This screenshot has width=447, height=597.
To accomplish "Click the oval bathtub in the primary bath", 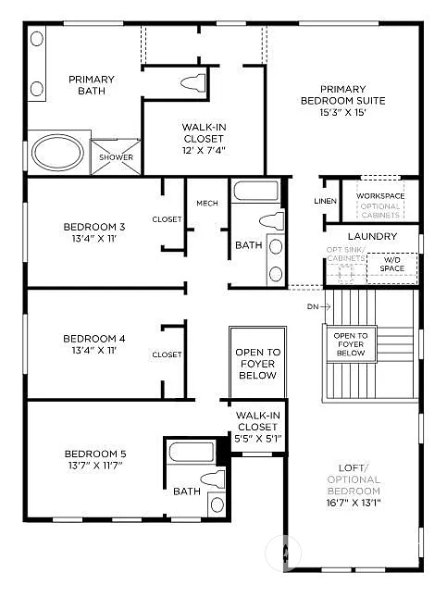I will click(x=57, y=152).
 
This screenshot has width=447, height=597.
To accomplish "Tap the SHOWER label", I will click(x=116, y=157).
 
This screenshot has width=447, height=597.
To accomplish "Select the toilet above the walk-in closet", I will click(x=193, y=81).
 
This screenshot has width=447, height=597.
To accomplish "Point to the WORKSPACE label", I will click(x=380, y=196).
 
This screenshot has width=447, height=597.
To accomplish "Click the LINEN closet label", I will click(x=325, y=201).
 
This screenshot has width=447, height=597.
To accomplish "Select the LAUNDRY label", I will click(x=372, y=237).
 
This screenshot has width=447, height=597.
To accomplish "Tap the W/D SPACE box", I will click(x=391, y=265).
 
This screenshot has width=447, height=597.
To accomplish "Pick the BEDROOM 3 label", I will click(x=94, y=227).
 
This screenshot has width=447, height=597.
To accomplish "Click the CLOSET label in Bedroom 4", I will click(x=167, y=354).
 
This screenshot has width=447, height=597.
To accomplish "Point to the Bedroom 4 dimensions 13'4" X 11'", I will click(x=94, y=351).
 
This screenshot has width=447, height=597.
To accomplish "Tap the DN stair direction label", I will click(x=312, y=305).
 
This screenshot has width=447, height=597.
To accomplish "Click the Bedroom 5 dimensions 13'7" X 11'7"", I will click(x=94, y=466).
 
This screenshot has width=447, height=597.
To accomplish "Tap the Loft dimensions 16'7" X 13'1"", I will click(x=353, y=503).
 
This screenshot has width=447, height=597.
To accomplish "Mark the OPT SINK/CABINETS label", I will click(x=344, y=255).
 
